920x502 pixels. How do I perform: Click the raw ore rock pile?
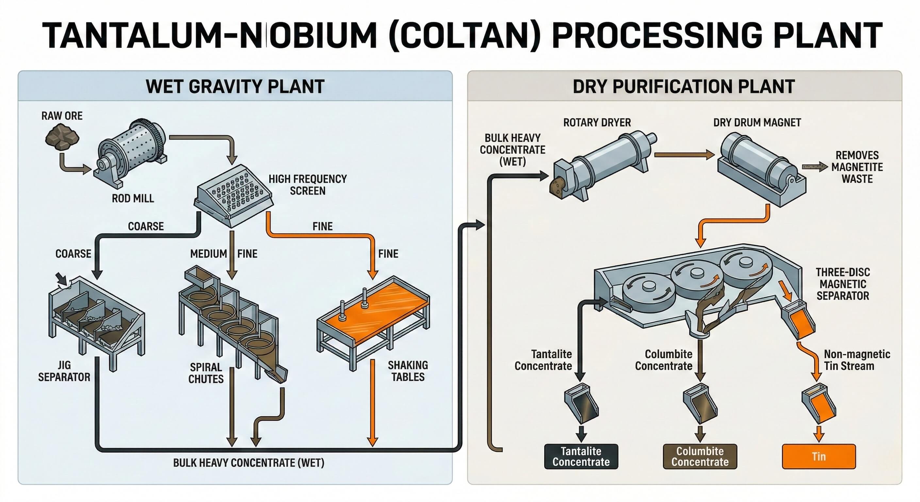coord(62,137)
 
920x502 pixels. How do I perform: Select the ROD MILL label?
coord(133,198)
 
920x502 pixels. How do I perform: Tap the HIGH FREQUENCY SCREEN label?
coord(307,185)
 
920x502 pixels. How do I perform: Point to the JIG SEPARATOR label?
coord(64,371)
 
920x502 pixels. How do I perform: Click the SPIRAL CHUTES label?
coord(206,373)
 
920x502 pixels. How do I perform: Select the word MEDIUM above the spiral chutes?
coord(208,254)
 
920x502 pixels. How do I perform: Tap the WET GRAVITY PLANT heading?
coord(235,87)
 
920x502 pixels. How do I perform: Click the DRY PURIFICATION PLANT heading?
coord(683,87)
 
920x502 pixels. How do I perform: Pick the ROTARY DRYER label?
coord(597,123)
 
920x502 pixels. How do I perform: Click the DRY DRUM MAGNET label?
coord(757,123)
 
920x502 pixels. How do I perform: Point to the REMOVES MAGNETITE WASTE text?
coord(857,167)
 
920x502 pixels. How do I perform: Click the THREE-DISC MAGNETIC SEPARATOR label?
coord(843,284)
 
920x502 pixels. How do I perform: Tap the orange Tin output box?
coord(819,456)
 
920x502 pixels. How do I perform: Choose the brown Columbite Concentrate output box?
coord(700,456)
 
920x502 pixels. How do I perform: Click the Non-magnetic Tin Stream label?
coord(856,360)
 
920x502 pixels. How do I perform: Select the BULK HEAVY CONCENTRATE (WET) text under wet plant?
coord(249,463)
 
